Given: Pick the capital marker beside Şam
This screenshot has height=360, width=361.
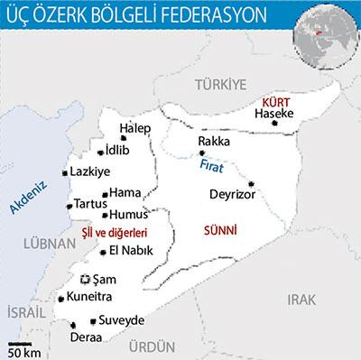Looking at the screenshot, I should [87, 279].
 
